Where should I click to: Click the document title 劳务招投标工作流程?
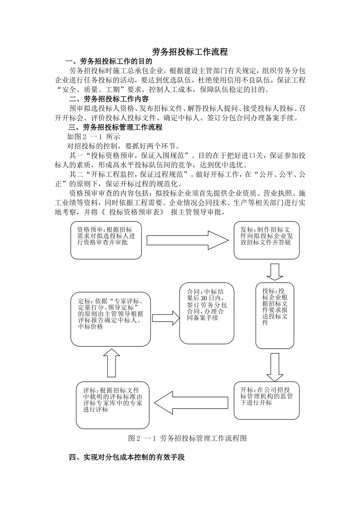click(190, 52)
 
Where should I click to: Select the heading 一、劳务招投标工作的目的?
click(109, 61)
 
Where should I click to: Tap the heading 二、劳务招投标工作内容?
click(109, 99)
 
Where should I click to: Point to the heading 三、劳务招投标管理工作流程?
click(115, 127)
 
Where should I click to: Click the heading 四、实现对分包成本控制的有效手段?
click(127, 457)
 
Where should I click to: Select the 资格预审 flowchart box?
click(106, 240)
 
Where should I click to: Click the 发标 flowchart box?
click(266, 240)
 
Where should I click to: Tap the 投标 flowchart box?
click(275, 315)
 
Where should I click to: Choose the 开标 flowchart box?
click(267, 400)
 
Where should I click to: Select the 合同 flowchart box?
click(207, 313)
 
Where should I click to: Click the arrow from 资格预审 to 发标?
click(188, 240)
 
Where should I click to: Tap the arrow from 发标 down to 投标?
click(274, 271)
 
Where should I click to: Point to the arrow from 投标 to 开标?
click(274, 367)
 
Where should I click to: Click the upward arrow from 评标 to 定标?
click(111, 363)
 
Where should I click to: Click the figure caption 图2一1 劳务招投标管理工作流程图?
click(188, 438)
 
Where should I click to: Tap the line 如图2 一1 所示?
click(94, 137)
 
